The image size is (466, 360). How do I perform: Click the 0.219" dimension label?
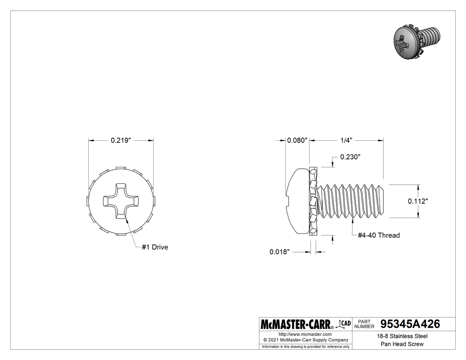click(x=121, y=140)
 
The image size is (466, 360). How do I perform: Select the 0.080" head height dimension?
click(x=297, y=140)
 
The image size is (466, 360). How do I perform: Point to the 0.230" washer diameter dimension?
click(x=350, y=157)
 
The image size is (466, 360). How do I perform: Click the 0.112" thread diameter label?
click(x=418, y=201)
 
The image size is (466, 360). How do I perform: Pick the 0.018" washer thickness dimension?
click(x=280, y=252)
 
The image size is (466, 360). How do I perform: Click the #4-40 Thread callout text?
click(x=379, y=235)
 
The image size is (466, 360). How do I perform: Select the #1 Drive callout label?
click(x=155, y=247)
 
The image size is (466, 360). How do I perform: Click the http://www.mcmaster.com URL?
click(x=305, y=334)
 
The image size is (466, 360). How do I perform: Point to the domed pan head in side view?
click(x=296, y=201)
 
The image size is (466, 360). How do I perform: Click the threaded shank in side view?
click(x=351, y=201)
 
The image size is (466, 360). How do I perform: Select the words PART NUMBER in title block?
click(x=365, y=324)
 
